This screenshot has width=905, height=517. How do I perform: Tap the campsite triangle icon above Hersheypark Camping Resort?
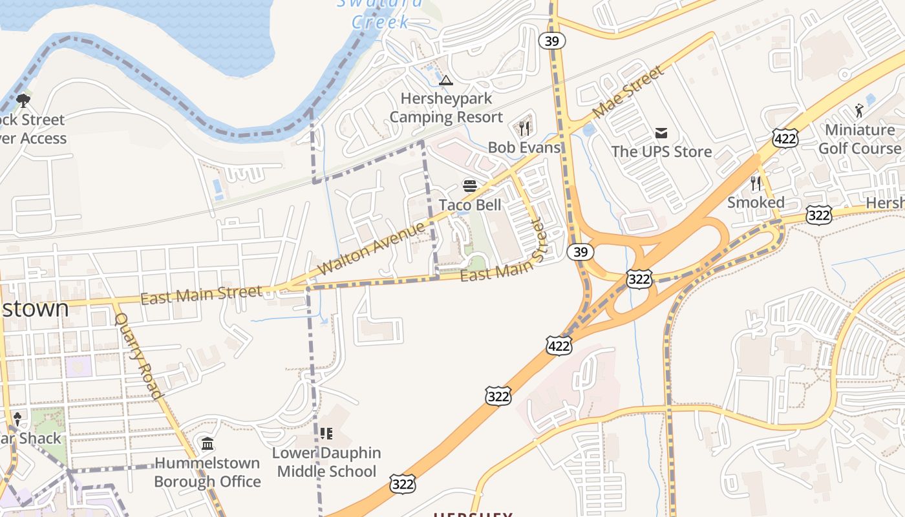point(445,81)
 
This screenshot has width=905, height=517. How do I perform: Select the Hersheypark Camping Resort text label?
point(445,108)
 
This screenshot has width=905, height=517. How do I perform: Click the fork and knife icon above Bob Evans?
point(524,128)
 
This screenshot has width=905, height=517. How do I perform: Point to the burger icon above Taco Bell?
point(470,187)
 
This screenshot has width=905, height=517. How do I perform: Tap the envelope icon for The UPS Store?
point(661,133)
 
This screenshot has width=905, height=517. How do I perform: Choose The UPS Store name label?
point(661,152)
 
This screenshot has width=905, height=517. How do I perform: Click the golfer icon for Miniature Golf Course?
point(859,111)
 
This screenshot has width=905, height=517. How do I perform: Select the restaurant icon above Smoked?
point(755,184)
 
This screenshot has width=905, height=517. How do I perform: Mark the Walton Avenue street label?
point(372,248)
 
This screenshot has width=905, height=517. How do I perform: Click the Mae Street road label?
point(628,91)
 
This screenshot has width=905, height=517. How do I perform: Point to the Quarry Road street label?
point(138,355)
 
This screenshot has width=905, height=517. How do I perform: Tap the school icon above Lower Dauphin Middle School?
point(326,433)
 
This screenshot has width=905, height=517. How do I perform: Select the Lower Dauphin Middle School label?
point(326,462)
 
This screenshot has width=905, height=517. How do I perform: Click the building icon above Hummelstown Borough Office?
point(208,444)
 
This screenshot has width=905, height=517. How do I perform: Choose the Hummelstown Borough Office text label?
point(208,472)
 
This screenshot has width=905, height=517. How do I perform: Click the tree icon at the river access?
point(23,101)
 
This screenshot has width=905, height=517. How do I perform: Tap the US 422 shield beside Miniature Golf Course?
point(785,138)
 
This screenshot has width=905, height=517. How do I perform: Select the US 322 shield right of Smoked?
point(818,215)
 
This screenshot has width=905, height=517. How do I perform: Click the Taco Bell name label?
point(470,205)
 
